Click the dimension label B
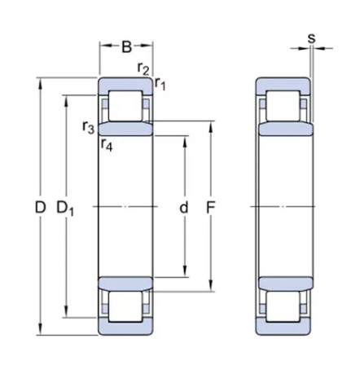click(126, 47)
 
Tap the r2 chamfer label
click(143, 68)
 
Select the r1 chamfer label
click(160, 82)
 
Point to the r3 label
click(88, 126)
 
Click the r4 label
click(107, 145)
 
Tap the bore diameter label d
click(184, 208)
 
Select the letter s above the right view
click(311, 37)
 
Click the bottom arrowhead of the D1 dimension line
click(65, 314)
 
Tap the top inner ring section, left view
click(125, 129)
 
